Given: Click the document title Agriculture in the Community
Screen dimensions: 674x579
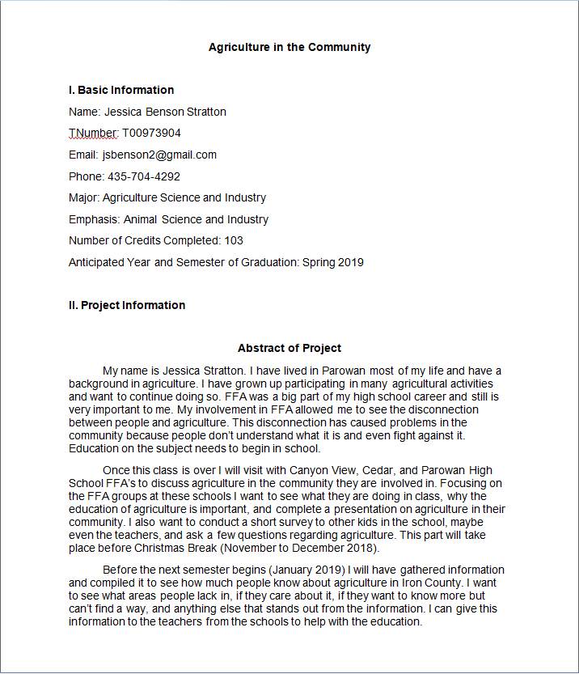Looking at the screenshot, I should [x=289, y=47].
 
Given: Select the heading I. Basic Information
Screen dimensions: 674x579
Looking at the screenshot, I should [x=121, y=90].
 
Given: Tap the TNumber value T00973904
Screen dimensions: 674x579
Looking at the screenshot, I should [x=151, y=133].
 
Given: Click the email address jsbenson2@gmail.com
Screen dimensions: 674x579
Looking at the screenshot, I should [x=159, y=155].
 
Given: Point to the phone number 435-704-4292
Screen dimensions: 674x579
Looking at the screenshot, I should [x=144, y=176].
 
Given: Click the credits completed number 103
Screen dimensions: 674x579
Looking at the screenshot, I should [x=234, y=240].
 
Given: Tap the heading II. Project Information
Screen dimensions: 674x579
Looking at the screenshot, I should [x=127, y=305].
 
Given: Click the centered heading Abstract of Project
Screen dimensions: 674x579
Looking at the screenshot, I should [x=289, y=348].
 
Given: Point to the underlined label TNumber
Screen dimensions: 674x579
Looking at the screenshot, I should [x=94, y=133].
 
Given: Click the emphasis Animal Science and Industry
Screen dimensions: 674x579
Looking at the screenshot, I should [x=196, y=219].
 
